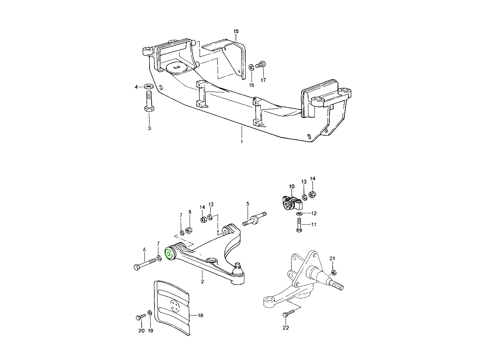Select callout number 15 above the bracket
pos(236,31)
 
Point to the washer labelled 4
pos(149,86)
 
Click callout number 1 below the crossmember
pos(242,142)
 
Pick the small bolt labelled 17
pos(261,64)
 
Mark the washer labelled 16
pos(251,66)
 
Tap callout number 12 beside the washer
pos(314,213)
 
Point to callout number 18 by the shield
pos(200,316)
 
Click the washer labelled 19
pos(150,313)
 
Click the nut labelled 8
pos(190,230)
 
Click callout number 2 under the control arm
pos(202,282)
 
